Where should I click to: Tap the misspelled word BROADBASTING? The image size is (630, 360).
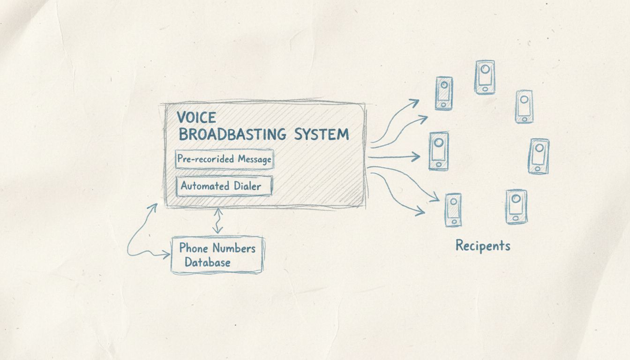[232, 135]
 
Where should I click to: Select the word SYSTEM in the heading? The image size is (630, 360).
[322, 135]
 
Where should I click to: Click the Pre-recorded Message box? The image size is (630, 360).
[224, 159]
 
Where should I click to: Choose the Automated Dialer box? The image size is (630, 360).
[224, 186]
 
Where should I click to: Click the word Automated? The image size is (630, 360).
[205, 186]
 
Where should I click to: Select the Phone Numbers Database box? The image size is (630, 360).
[217, 255]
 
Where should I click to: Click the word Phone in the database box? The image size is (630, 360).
[195, 248]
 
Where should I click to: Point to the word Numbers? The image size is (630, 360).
[233, 248]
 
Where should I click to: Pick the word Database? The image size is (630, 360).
[207, 262]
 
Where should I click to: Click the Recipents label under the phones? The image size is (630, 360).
[483, 246]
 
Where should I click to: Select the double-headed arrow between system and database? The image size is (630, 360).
[217, 221]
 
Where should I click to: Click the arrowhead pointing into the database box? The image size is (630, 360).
[166, 255]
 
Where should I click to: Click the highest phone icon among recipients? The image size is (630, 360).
[484, 77]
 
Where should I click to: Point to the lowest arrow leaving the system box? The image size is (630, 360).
[398, 197]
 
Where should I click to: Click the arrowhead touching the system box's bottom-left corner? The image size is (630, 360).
[153, 207]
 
